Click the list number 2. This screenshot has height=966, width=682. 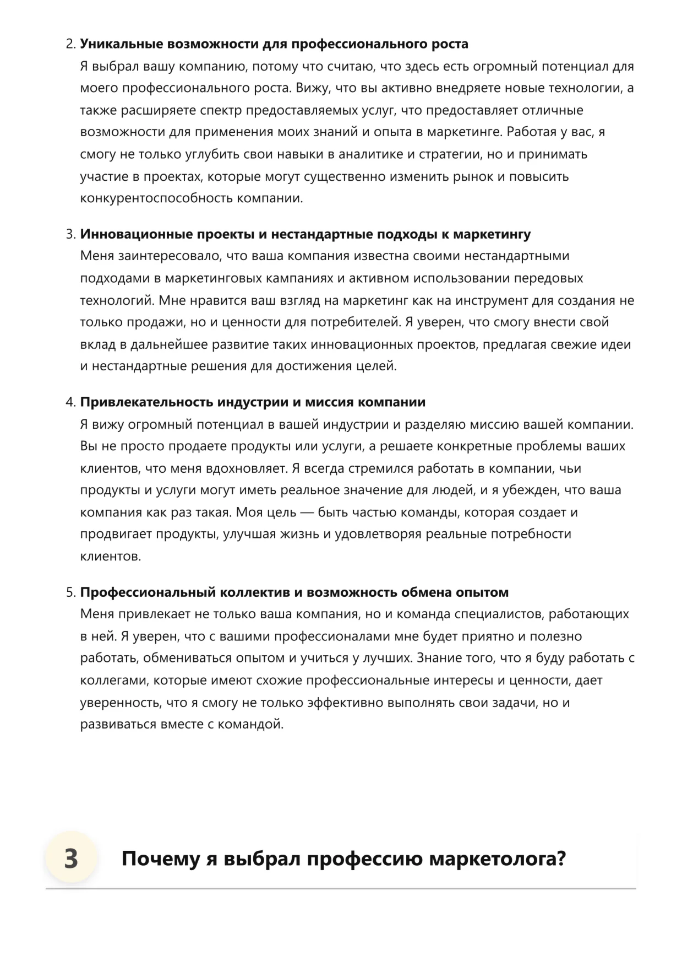pos(70,44)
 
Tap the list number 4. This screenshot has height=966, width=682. pos(70,402)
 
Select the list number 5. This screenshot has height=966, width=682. pos(70,592)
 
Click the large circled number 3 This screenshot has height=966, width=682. pos(71,859)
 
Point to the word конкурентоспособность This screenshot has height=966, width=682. pos(157,198)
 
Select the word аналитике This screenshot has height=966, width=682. pos(370,154)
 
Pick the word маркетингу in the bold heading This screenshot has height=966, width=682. pos(492,234)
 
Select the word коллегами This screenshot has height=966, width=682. pos(112,681)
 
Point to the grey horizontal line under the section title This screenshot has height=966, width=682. pos(341,888)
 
